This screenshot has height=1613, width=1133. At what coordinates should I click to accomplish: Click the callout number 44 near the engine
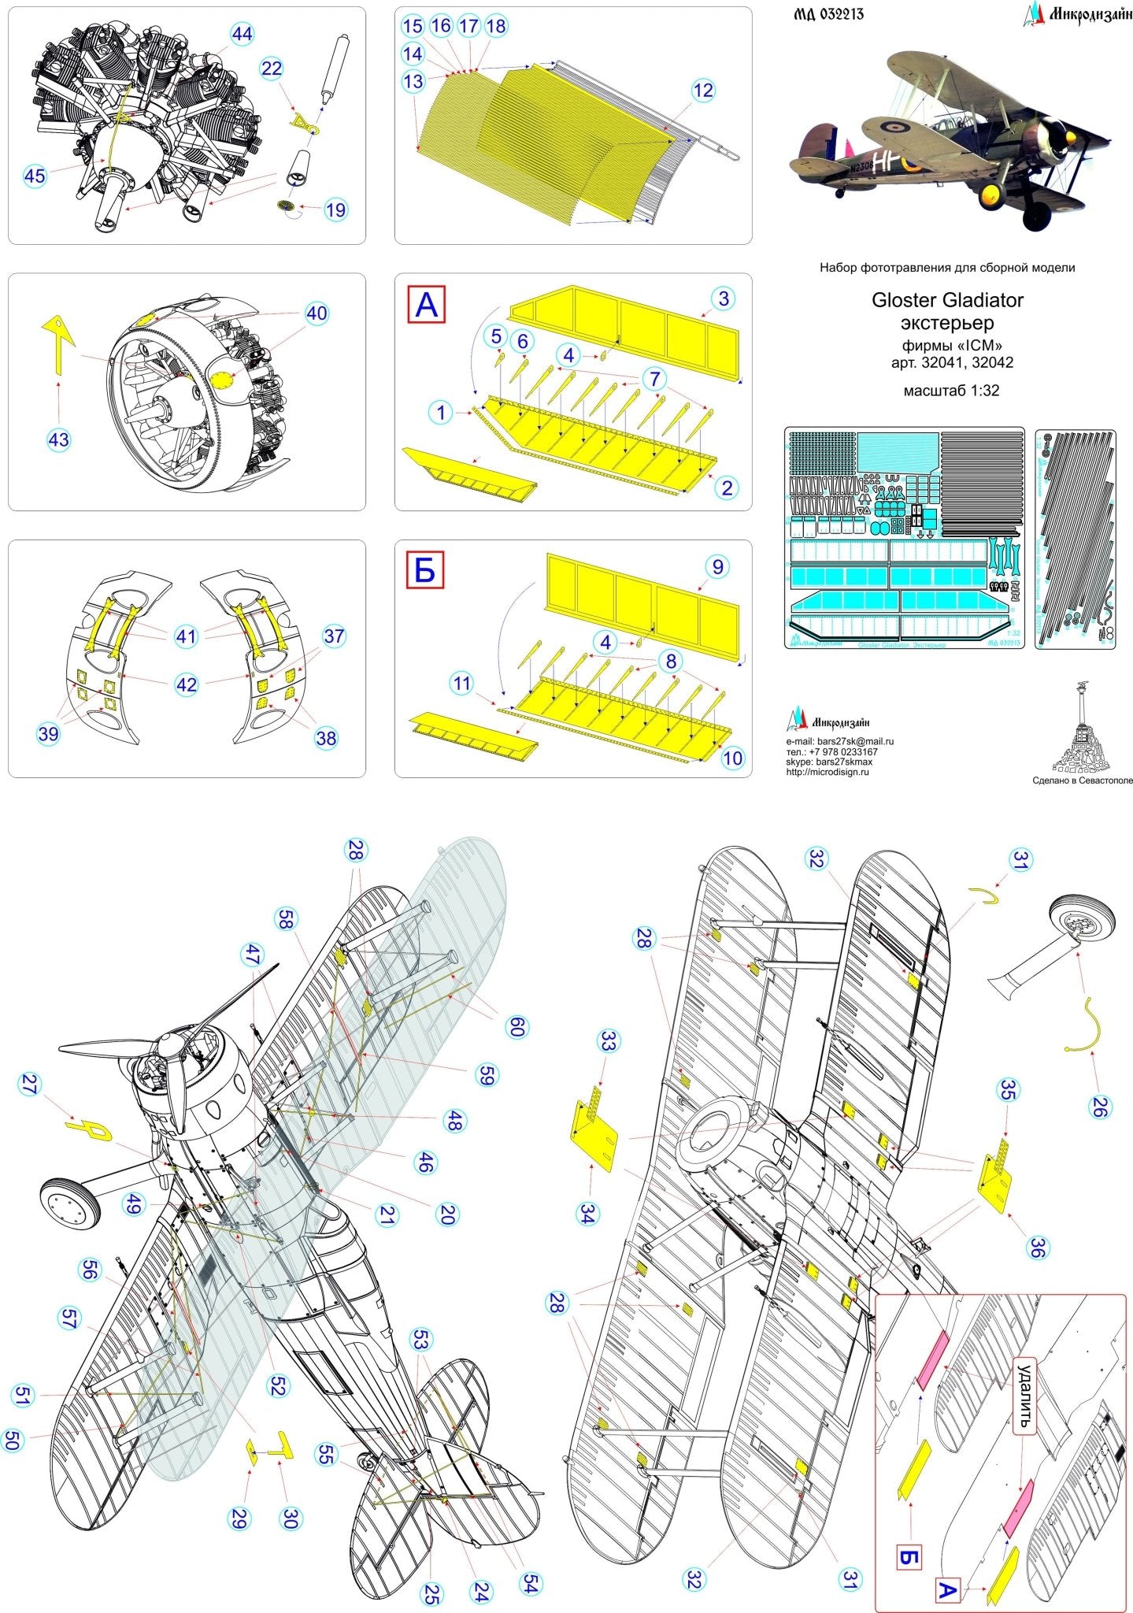(x=242, y=34)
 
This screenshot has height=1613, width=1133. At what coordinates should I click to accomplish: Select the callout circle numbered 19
(x=335, y=210)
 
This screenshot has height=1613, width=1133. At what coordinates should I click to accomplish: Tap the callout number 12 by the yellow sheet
(x=702, y=91)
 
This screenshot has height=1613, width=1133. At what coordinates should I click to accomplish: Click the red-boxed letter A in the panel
(x=426, y=304)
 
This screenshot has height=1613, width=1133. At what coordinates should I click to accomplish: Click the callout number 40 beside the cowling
(x=317, y=313)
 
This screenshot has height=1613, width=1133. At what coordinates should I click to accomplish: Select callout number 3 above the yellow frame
(x=724, y=298)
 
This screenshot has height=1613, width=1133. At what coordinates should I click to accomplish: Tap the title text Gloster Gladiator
(x=947, y=300)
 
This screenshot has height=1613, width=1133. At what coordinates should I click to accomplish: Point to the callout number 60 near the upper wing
(x=517, y=1026)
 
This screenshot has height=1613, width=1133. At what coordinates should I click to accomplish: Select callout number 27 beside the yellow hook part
(x=30, y=1085)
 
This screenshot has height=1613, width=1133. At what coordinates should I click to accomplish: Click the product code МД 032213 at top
(x=824, y=13)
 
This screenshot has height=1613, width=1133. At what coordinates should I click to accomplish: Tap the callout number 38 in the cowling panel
(x=325, y=738)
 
